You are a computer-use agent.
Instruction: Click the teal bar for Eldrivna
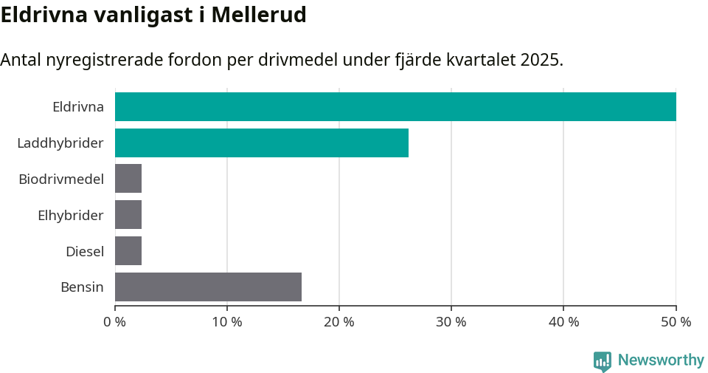[x=395, y=106]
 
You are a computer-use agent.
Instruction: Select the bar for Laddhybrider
[x=262, y=143]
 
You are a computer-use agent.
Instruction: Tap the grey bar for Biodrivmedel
[x=128, y=179]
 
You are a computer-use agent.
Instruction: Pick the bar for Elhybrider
[x=128, y=215]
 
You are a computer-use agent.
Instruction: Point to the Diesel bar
[x=128, y=251]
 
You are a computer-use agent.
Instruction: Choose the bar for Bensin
[x=208, y=287]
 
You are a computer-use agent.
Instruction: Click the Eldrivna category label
[x=78, y=106]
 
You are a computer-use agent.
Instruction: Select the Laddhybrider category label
[x=60, y=143]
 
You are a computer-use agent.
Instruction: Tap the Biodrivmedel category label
[x=61, y=179]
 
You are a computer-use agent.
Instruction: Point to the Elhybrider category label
[x=71, y=215]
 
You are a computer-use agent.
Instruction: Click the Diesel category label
[x=85, y=251]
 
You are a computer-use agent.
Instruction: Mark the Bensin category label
[x=82, y=287]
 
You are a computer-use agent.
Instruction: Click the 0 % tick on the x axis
[x=115, y=322]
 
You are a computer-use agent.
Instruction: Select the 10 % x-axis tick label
[x=227, y=322]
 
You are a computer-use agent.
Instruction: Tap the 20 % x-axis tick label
[x=339, y=322]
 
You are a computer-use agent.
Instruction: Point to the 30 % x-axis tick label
[x=451, y=322]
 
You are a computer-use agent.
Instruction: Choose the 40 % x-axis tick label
[x=563, y=322]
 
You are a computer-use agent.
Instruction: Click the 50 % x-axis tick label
[x=676, y=322]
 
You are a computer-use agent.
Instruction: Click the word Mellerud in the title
[x=259, y=15]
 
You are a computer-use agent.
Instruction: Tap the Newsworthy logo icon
[x=603, y=360]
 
